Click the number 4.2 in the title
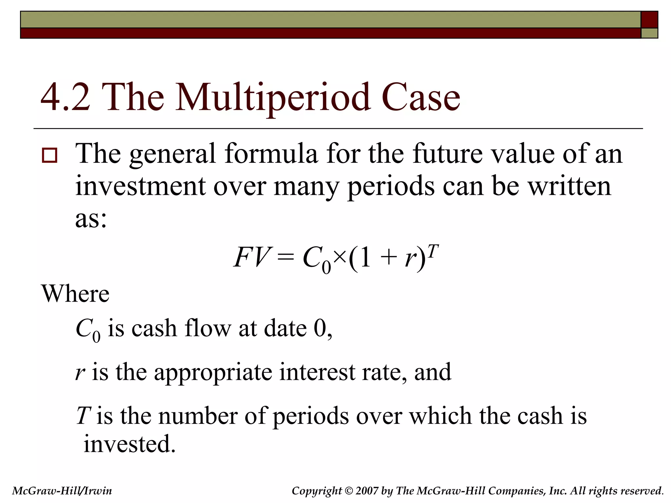(65, 98)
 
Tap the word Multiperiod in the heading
(273, 98)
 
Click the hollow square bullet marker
(49, 155)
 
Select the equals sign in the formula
(285, 258)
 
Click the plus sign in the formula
(388, 258)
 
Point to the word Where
(75, 294)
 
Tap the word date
(285, 328)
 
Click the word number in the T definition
(198, 416)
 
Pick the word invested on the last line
(129, 444)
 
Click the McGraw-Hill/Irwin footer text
(62, 491)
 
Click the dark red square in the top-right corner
(649, 20)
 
